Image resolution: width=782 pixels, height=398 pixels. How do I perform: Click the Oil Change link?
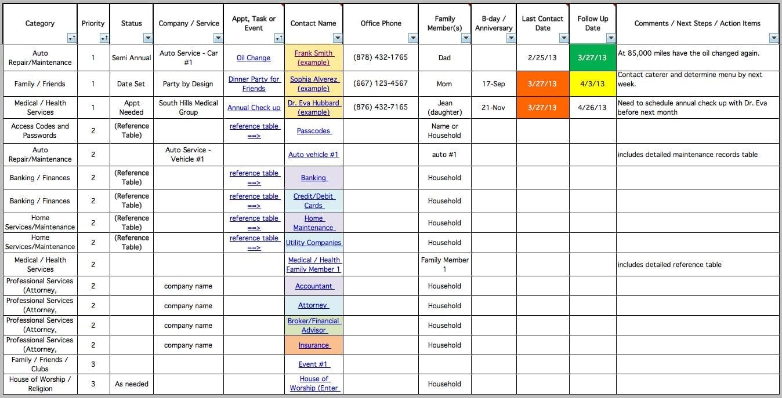pos(254,58)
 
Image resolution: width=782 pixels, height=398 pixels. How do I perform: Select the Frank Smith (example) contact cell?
pos(313,58)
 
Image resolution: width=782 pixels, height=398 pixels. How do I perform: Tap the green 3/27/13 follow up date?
pos(592,58)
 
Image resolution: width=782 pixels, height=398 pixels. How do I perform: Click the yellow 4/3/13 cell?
pos(592,83)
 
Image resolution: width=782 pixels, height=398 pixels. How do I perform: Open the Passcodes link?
pos(313,131)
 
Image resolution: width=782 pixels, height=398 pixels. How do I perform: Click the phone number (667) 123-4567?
pos(381,83)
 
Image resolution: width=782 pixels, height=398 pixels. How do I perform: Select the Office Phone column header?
pos(381,24)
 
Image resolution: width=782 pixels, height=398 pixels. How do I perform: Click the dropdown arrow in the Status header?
pos(148,38)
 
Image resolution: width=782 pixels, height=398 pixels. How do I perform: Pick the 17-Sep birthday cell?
pos(493,83)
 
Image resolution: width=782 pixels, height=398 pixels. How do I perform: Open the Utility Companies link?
pos(313,243)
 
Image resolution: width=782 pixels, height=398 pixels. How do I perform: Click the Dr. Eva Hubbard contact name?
pos(313,107)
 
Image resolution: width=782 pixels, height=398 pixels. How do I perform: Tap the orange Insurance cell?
pos(313,345)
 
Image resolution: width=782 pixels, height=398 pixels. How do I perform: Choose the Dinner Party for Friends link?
pos(254,83)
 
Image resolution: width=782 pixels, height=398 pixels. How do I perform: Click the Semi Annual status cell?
pos(132,58)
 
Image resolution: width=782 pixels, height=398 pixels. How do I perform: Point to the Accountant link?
pos(313,286)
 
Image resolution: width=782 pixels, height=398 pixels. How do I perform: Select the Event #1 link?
pos(313,364)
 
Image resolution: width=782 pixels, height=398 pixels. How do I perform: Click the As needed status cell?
pos(132,384)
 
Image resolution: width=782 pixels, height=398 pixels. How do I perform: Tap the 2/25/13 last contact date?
pos(542,58)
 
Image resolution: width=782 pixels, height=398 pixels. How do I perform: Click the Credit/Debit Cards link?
pos(313,201)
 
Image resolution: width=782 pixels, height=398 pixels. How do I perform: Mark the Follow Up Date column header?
pos(592,23)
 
